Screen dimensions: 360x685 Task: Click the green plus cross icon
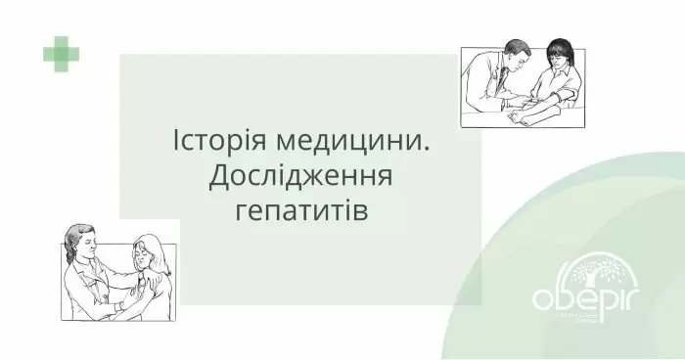click(61, 53)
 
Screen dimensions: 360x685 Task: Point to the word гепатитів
click(301, 210)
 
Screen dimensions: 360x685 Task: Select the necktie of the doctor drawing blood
click(509, 83)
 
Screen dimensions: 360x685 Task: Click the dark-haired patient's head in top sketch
click(559, 54)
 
